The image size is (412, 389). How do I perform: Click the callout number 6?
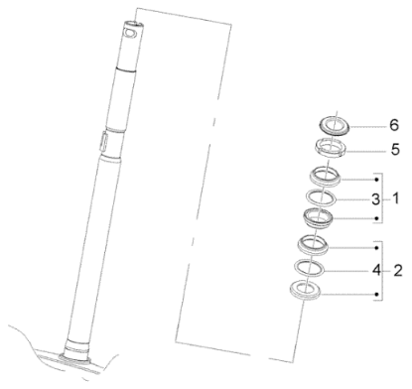pos(394,125)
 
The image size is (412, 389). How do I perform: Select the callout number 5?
pos(395,150)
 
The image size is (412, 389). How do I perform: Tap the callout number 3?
pos(375,199)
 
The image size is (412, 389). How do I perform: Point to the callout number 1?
pos(395,199)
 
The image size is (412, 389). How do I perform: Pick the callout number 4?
pos(376,271)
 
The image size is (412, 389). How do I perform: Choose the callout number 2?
pos(397,271)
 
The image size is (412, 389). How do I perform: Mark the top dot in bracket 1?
pos(376,180)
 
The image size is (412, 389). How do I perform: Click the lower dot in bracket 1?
pos(376,218)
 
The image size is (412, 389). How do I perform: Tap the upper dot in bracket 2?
pos(376,247)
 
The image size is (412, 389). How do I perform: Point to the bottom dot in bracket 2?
pos(376,294)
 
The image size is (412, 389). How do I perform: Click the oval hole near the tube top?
pos(130,33)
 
